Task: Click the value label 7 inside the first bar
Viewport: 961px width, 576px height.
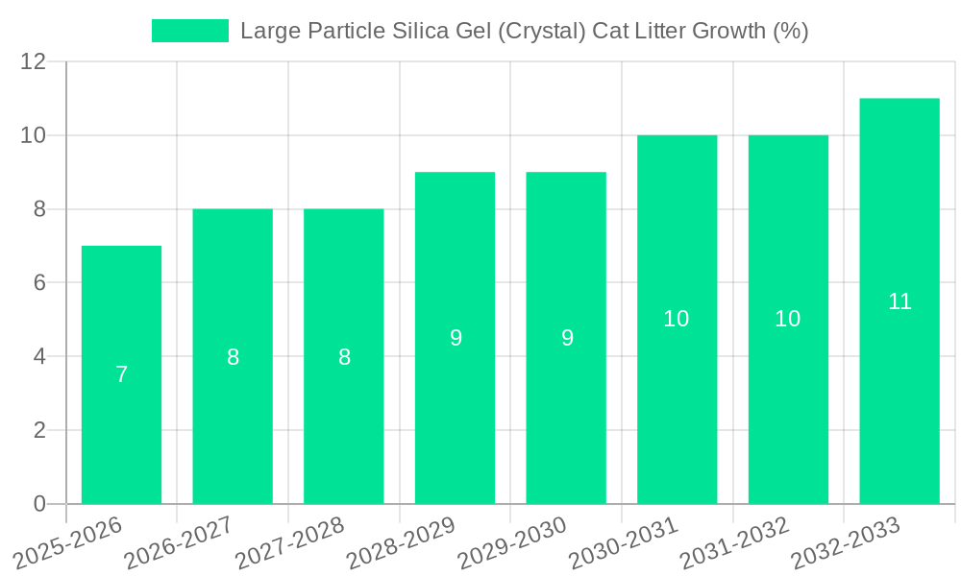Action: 122,375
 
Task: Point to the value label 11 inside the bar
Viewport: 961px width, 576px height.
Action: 899,301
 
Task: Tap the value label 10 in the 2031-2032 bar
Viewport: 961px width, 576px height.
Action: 788,320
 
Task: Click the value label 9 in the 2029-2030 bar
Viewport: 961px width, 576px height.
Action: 567,338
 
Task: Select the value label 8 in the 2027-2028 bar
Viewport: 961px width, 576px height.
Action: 344,357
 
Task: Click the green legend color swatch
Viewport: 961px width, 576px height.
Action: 190,31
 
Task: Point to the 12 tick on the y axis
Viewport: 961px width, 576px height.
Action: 34,62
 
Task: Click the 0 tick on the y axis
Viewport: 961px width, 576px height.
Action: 39,504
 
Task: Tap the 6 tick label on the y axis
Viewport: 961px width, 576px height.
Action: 39,283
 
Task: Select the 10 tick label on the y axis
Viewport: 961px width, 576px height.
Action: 34,135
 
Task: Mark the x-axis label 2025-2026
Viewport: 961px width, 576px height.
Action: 68,543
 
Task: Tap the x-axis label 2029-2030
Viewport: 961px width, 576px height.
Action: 512,543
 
